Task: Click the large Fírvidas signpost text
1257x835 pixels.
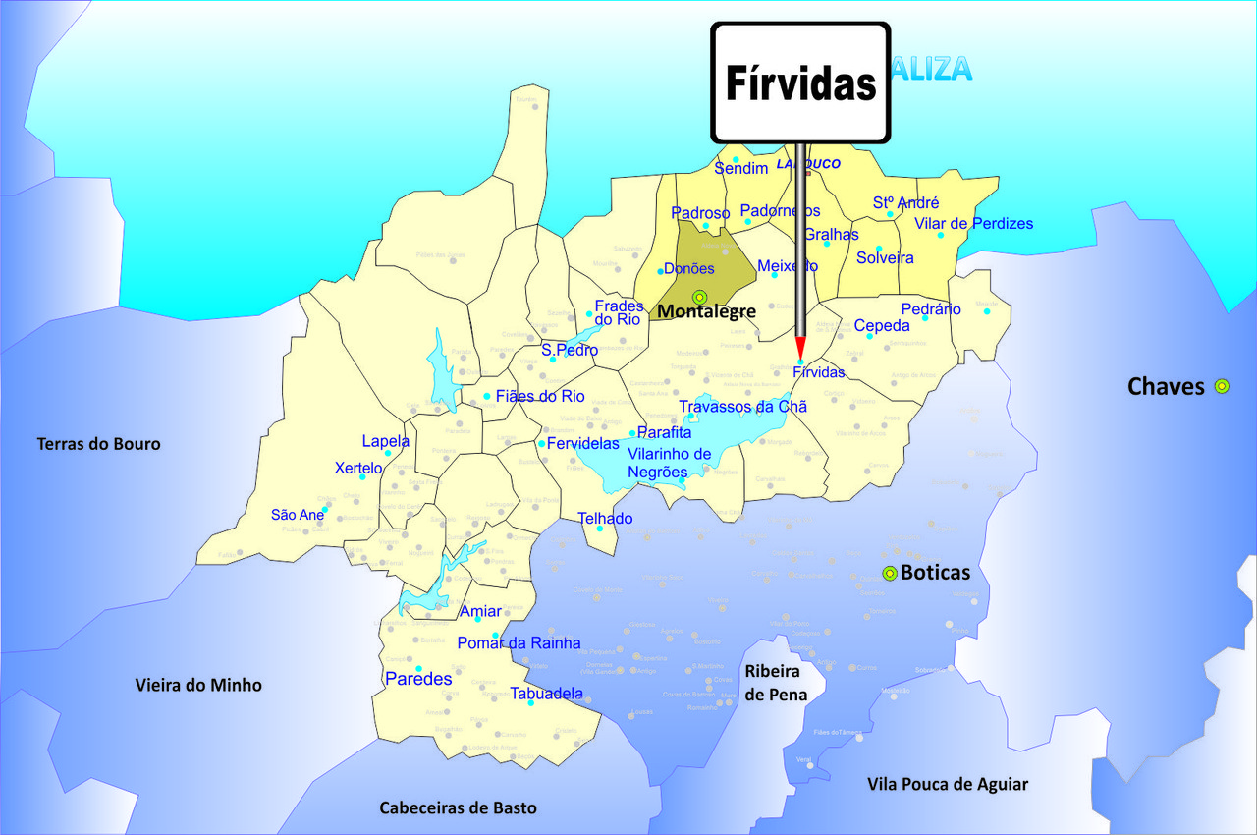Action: click(800, 83)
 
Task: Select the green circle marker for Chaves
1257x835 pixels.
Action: click(1222, 386)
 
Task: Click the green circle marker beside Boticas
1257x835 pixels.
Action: click(890, 574)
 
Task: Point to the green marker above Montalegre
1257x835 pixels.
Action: click(699, 297)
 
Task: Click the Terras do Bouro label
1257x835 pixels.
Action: click(98, 444)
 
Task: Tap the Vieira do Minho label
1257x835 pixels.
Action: click(198, 685)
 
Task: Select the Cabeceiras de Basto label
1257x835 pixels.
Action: click(459, 807)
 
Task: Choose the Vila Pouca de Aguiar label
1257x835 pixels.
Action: click(948, 784)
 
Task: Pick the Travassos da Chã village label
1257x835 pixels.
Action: click(742, 407)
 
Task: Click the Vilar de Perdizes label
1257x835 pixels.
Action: click(974, 224)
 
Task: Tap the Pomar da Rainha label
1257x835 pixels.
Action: click(519, 643)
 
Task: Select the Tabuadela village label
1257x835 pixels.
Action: click(547, 693)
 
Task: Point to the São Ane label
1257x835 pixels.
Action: click(298, 515)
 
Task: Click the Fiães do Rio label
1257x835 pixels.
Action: click(540, 397)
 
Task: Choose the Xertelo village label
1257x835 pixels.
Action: click(357, 468)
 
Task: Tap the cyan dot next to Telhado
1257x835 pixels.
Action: click(600, 529)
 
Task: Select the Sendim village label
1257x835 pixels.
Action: click(740, 169)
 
